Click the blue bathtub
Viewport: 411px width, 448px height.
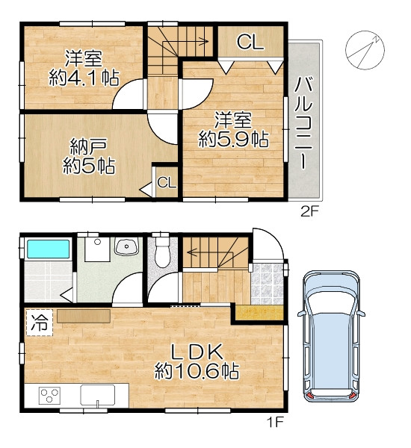pyautogui.click(x=49, y=249)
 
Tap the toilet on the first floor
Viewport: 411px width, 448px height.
pyautogui.click(x=162, y=252)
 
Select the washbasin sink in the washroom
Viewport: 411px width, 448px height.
pyautogui.click(x=126, y=246)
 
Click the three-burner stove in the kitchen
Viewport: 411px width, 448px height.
pyautogui.click(x=49, y=395)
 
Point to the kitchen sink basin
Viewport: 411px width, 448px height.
pyautogui.click(x=98, y=395)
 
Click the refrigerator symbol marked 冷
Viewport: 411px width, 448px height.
pyautogui.click(x=40, y=323)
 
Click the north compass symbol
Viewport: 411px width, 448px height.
pyautogui.click(x=365, y=50)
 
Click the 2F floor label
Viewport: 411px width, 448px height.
pyautogui.click(x=309, y=212)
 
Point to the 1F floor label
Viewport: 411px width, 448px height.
pyautogui.click(x=275, y=422)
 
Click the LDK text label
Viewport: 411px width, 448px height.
pyautogui.click(x=197, y=352)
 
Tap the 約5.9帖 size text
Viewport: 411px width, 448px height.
pyautogui.click(x=233, y=139)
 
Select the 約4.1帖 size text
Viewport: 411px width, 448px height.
pyautogui.click(x=84, y=78)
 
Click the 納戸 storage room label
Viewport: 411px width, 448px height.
pyautogui.click(x=89, y=146)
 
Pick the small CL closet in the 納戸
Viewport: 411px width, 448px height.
pyautogui.click(x=167, y=182)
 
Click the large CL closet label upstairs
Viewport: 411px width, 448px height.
pyautogui.click(x=250, y=42)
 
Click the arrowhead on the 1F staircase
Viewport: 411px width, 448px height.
pyautogui.click(x=190, y=252)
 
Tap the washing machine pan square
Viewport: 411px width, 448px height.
pyautogui.click(x=98, y=249)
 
